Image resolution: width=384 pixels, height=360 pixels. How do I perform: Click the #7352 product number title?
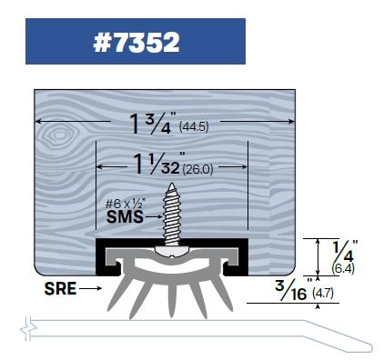(x=136, y=42)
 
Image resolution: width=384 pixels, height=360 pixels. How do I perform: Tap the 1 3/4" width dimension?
(x=153, y=124)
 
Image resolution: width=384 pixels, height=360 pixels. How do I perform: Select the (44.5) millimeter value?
(x=194, y=126)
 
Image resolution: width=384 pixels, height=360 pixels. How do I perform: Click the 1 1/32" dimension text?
(x=157, y=164)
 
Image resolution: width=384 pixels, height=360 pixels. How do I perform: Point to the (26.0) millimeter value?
(x=198, y=169)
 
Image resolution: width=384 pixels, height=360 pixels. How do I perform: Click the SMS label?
(x=125, y=217)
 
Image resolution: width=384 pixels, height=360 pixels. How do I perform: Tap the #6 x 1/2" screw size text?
(x=125, y=204)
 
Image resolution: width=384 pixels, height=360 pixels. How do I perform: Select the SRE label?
(x=60, y=288)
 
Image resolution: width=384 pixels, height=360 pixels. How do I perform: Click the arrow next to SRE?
(x=91, y=288)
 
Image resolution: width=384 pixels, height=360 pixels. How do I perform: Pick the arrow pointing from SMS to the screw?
(x=154, y=217)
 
